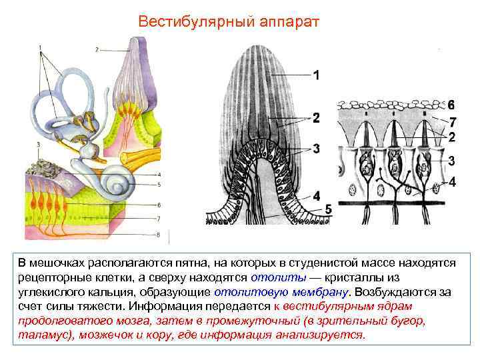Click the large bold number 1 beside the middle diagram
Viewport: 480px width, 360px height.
click(x=317, y=75)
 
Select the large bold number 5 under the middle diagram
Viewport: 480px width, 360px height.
click(x=328, y=209)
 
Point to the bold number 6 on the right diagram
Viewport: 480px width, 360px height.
click(x=451, y=105)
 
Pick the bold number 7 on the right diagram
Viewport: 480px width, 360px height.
click(x=453, y=122)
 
